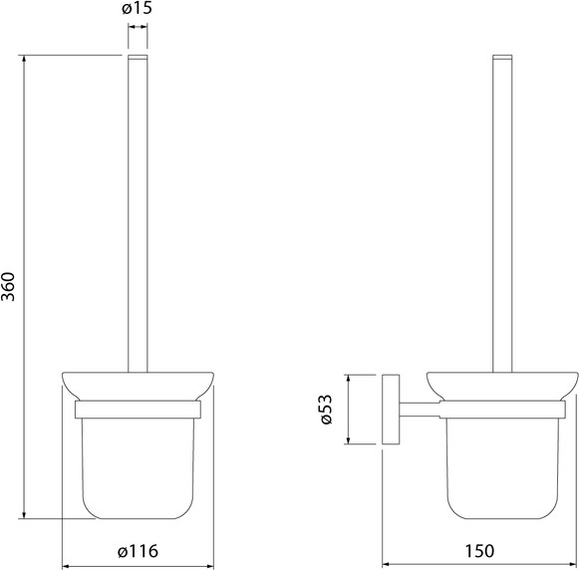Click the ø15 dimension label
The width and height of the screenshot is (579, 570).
137,8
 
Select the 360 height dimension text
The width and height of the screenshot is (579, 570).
8,287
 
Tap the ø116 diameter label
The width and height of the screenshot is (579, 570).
138,551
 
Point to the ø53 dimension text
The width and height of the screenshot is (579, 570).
327,410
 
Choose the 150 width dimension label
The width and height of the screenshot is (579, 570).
479,551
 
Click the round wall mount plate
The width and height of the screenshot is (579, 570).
391,410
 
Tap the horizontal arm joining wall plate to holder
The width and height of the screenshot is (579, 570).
420,410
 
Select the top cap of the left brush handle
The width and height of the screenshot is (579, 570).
138,57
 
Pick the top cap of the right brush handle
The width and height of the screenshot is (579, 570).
502,57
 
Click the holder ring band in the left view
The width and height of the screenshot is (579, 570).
138,410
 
